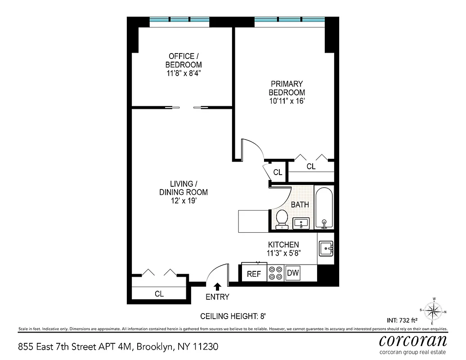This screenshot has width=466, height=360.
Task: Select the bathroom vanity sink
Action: pos(300,223)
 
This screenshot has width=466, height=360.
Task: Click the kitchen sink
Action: pos(326,248)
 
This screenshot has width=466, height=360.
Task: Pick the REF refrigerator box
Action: pos(254,274)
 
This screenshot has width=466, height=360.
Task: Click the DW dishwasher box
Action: pos(293,273)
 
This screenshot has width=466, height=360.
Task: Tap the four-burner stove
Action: pos(275,273)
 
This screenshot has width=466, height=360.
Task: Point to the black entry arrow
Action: pos(217,287)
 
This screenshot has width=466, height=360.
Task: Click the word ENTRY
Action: pos(217,297)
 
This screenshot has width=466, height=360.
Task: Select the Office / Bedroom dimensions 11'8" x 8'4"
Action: pos(183,73)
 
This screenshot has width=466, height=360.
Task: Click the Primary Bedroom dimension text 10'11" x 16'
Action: pos(287,101)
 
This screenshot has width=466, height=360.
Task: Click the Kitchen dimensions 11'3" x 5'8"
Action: pos(284,253)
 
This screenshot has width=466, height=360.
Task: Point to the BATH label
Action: pos(300,205)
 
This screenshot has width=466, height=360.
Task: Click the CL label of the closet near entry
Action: pos(159,294)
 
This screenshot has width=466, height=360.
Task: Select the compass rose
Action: pos(434,310)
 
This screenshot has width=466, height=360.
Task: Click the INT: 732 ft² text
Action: pos(402,321)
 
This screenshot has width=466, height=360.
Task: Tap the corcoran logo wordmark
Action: pos(412,340)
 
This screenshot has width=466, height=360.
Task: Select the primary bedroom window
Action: pos(289,20)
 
